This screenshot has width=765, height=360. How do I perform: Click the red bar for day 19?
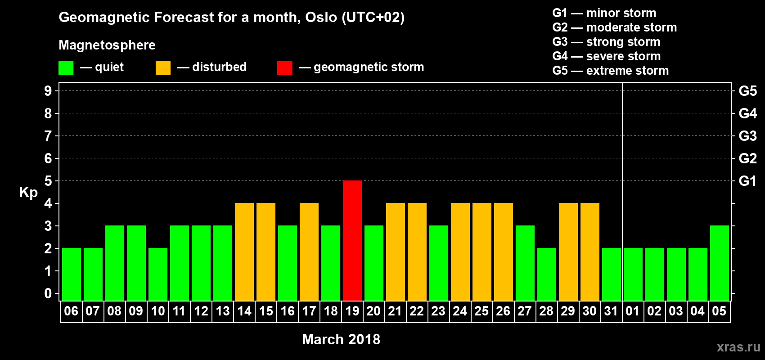(352, 240)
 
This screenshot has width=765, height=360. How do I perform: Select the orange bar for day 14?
(244, 252)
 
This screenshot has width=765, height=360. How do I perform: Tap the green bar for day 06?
(72, 274)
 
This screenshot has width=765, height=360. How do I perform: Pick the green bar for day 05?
(719, 263)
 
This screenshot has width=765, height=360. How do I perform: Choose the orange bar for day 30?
(590, 252)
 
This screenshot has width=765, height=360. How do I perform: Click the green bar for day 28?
(546, 274)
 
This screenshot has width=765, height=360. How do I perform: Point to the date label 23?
(438, 311)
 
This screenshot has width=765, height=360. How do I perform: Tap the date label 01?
(633, 311)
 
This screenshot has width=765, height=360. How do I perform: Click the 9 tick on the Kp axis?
(48, 91)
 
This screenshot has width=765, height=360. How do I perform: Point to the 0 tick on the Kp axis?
(48, 293)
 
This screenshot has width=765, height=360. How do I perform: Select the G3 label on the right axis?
(747, 136)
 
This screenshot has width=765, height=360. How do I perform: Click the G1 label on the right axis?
(747, 181)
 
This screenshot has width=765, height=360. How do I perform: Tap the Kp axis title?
(28, 193)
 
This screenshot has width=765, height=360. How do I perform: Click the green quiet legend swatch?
(66, 67)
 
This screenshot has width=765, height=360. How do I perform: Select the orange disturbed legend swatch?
(163, 67)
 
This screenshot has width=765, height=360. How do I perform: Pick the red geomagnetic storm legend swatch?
(284, 67)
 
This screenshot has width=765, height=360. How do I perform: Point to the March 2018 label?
(341, 339)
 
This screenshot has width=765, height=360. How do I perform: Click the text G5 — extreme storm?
(610, 71)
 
